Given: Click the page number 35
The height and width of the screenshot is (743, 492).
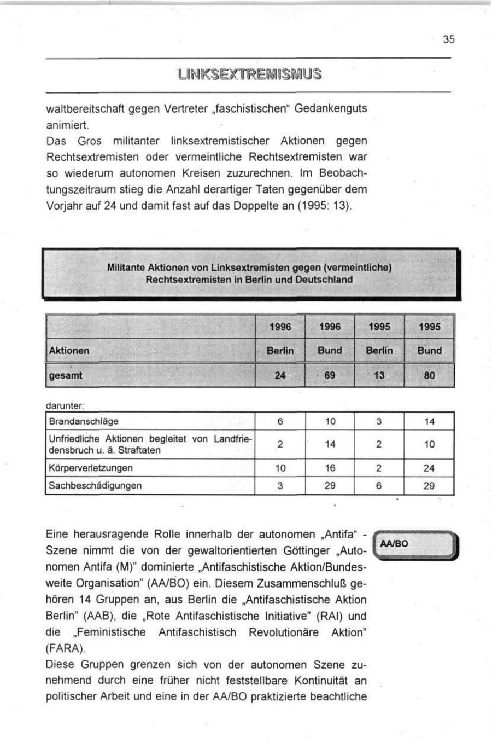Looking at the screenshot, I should (448, 39).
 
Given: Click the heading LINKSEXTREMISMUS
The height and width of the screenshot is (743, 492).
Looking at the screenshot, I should (249, 74).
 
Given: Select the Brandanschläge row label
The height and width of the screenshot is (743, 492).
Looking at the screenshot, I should (84, 421).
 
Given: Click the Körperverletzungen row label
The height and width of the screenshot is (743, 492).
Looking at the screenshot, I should (91, 468).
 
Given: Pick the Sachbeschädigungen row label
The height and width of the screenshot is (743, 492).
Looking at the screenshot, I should (95, 485).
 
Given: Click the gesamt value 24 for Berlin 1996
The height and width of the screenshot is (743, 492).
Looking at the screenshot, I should (280, 376).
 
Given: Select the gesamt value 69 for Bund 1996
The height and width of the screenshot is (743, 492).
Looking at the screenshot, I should (330, 376).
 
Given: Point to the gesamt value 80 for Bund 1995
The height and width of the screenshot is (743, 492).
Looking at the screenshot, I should (429, 376).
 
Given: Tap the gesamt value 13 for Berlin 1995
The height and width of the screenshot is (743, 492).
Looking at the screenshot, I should (379, 376).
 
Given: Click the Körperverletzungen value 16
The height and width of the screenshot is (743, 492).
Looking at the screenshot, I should (330, 468).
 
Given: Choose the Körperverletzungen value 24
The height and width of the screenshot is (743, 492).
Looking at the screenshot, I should (429, 468).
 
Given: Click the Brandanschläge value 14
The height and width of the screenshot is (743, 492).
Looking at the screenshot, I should (429, 421).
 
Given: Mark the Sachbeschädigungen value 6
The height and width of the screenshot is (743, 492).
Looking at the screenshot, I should (379, 485).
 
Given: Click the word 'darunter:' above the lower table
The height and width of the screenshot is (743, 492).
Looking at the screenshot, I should (65, 406).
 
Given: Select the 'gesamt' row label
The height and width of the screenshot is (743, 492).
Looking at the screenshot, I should (66, 376).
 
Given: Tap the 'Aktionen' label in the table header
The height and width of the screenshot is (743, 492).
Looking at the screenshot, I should (69, 351).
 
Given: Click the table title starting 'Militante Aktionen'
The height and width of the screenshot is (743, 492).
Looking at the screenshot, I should (249, 274).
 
